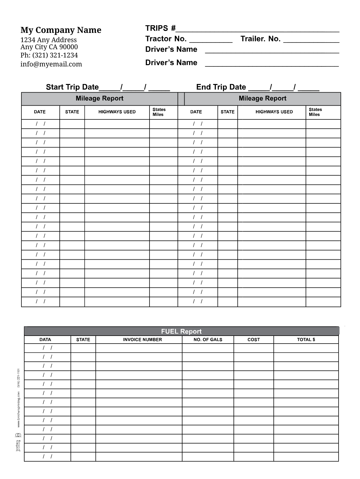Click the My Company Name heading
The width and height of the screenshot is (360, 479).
(x=61, y=30)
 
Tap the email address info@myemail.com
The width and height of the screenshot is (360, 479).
(x=51, y=64)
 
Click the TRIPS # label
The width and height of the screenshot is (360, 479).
(x=160, y=28)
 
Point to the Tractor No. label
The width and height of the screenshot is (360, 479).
(x=166, y=39)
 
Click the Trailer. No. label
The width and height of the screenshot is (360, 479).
(x=260, y=39)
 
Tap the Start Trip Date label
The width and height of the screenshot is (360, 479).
(x=73, y=87)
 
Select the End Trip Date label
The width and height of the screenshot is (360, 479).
(x=221, y=87)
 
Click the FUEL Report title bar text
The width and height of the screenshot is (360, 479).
(x=181, y=331)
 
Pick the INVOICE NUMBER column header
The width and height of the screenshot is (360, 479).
(x=142, y=340)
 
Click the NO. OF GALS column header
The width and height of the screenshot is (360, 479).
(x=208, y=340)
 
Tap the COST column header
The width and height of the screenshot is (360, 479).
(x=254, y=340)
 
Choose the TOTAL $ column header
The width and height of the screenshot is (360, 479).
(x=306, y=340)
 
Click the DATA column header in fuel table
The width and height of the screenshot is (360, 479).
(x=45, y=340)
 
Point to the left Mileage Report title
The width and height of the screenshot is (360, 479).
(x=99, y=98)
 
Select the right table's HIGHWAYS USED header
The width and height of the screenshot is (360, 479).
(x=274, y=112)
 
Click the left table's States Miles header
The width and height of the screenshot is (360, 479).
(x=159, y=112)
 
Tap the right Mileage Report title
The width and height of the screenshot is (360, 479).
(x=263, y=98)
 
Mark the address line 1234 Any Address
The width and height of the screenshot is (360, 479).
(x=49, y=40)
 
